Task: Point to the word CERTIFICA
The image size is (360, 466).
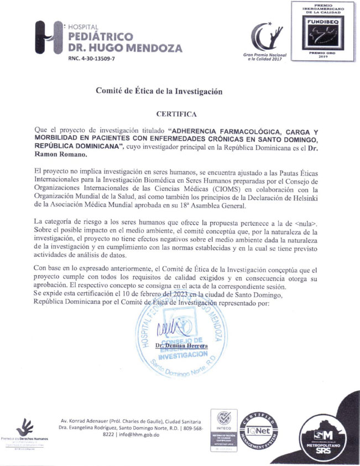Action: coord(176,115)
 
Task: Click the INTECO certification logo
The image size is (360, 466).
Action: coord(224,429)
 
